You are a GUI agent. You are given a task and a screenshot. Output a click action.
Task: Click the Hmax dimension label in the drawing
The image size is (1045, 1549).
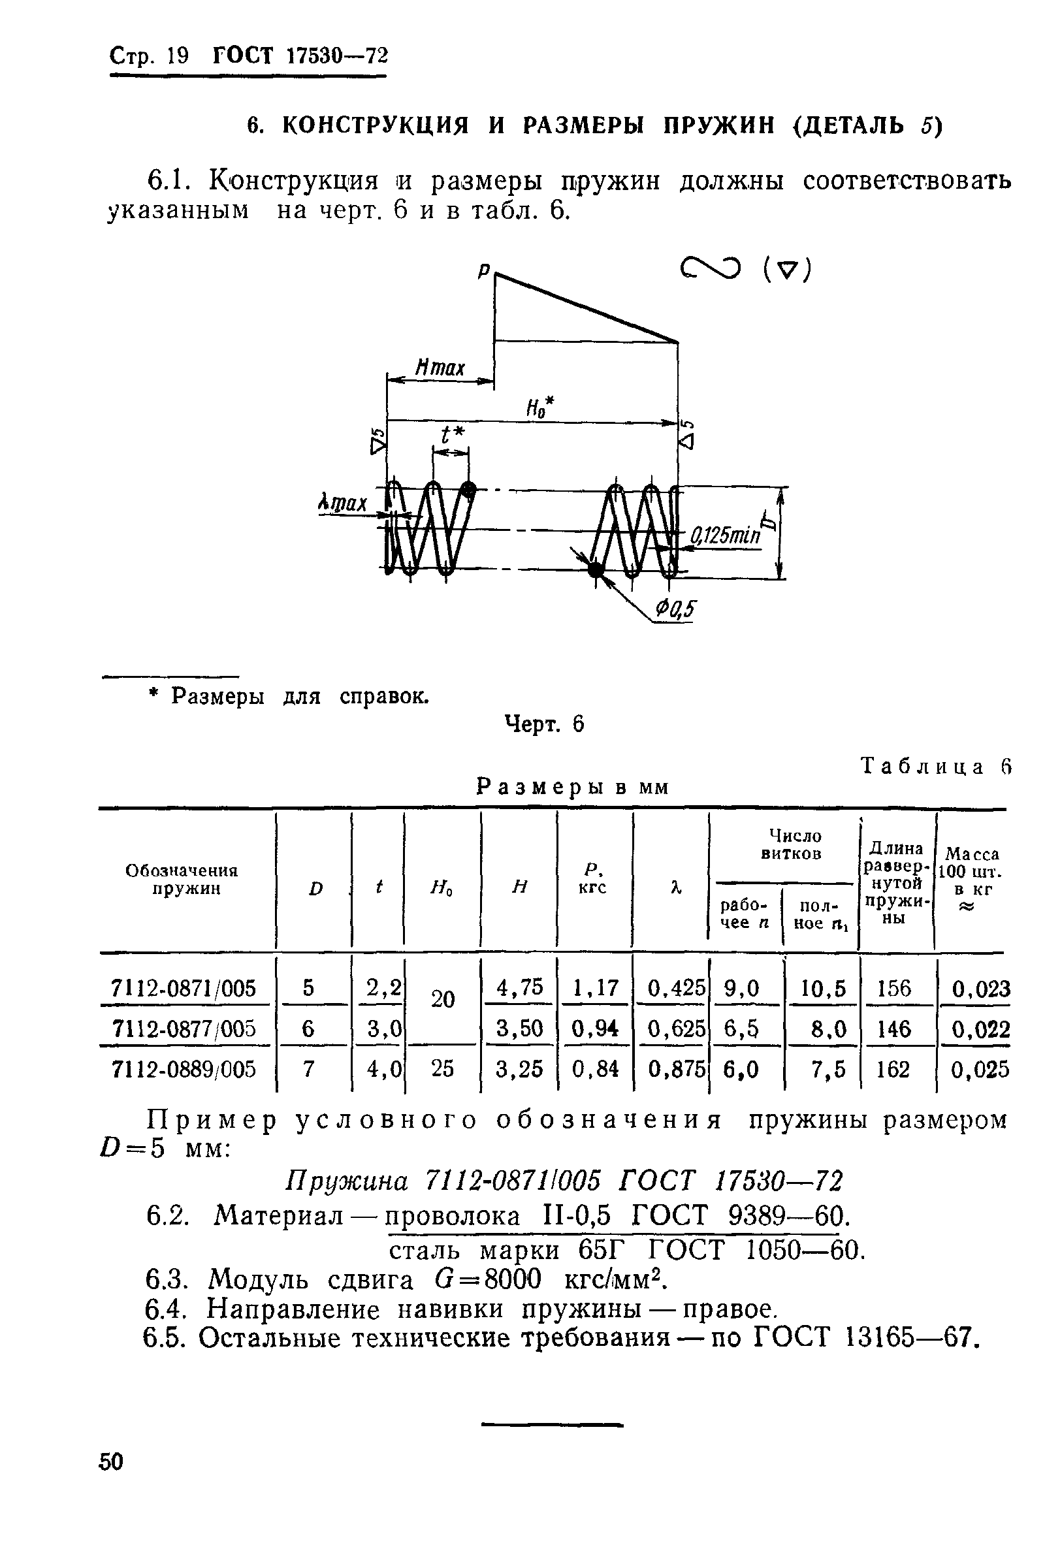pyautogui.click(x=439, y=367)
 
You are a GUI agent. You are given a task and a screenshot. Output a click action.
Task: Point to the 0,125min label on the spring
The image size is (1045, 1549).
pyautogui.click(x=725, y=535)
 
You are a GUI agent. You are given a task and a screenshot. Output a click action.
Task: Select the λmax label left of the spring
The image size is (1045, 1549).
pyautogui.click(x=342, y=502)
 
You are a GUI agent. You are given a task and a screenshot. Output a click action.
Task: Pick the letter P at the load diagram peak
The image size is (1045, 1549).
pyautogui.click(x=484, y=270)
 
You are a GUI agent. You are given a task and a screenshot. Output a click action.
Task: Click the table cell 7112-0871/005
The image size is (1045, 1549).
pyautogui.click(x=184, y=988)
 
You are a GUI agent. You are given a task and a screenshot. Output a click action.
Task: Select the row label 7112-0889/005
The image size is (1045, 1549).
pyautogui.click(x=184, y=1069)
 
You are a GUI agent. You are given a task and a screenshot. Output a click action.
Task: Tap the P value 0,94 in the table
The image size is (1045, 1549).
pyautogui.click(x=595, y=1029)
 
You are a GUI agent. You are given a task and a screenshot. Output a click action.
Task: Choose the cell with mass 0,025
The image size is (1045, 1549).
pyautogui.click(x=980, y=1070)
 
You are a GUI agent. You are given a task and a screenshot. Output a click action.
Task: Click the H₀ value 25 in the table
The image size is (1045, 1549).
pyautogui.click(x=442, y=1068)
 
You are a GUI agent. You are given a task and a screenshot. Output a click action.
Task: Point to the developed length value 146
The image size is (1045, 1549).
pyautogui.click(x=893, y=1029)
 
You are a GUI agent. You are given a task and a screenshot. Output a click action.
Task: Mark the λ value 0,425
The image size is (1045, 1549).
pyautogui.click(x=676, y=988)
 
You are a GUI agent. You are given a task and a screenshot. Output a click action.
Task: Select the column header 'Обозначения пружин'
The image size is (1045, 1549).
pyautogui.click(x=182, y=880)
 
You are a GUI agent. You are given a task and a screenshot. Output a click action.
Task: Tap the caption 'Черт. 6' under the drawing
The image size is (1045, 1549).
pyautogui.click(x=544, y=724)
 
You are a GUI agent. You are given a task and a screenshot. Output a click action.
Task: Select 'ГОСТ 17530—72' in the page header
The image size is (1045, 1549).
pyautogui.click(x=300, y=56)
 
